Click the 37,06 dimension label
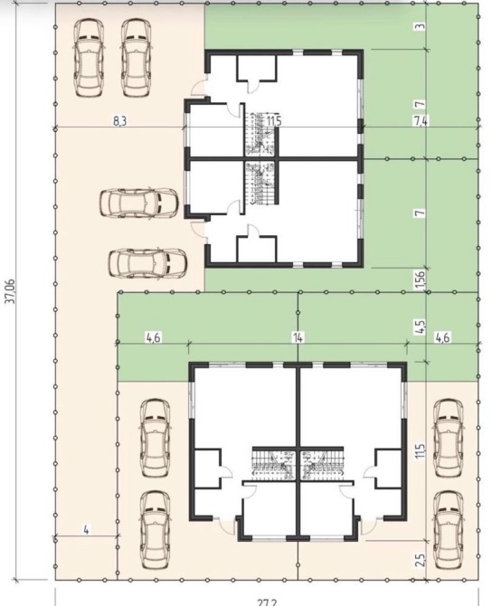tap(11, 291)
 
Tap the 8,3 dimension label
tap(119, 121)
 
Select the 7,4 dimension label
tap(421, 121)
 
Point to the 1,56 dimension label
tap(421, 279)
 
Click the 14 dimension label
tap(298, 337)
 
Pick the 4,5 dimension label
tap(421, 326)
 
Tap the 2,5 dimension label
tap(421, 560)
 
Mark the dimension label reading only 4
tap(86, 531)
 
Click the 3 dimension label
tap(421, 26)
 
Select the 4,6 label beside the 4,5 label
tap(442, 337)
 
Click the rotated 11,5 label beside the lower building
tap(421, 450)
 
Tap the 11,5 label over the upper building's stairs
tap(274, 121)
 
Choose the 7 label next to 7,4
tap(421, 104)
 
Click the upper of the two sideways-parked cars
tap(138, 204)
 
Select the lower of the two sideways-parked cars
tap(147, 263)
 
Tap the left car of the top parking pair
tap(89, 58)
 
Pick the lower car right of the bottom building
tap(448, 530)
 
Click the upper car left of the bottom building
tap(155, 438)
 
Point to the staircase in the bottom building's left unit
tap(274, 464)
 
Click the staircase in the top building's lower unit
tap(261, 184)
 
